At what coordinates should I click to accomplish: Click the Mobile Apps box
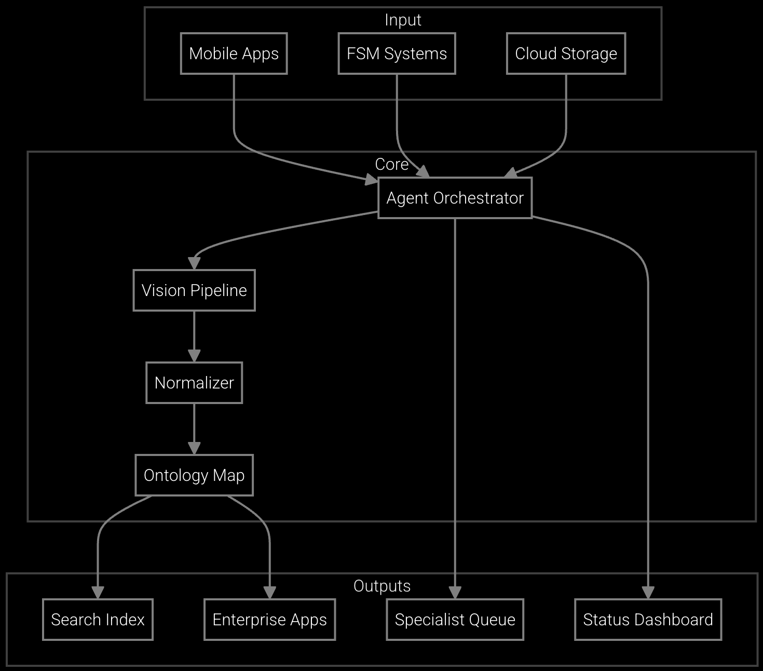(x=234, y=53)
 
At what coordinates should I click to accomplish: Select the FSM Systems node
(x=397, y=53)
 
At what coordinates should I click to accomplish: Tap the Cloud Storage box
(x=566, y=53)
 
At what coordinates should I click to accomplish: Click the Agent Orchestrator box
(x=455, y=198)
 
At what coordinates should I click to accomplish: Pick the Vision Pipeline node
(x=194, y=290)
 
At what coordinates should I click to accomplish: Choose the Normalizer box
(x=194, y=383)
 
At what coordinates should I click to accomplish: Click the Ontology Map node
(x=194, y=475)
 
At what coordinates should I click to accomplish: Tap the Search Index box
(x=98, y=620)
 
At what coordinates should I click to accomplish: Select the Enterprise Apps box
(x=269, y=620)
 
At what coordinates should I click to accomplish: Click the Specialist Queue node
(x=455, y=620)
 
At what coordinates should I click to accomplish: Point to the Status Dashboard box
(x=648, y=620)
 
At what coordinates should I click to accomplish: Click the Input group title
(x=403, y=20)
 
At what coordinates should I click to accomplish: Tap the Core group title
(x=391, y=164)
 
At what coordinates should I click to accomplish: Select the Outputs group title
(x=382, y=586)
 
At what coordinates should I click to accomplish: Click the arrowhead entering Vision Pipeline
(x=194, y=263)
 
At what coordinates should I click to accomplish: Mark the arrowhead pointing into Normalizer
(x=194, y=356)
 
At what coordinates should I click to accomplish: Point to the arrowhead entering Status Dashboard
(x=648, y=593)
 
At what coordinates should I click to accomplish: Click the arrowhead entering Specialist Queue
(x=455, y=593)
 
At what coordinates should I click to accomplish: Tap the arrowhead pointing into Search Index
(x=98, y=593)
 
